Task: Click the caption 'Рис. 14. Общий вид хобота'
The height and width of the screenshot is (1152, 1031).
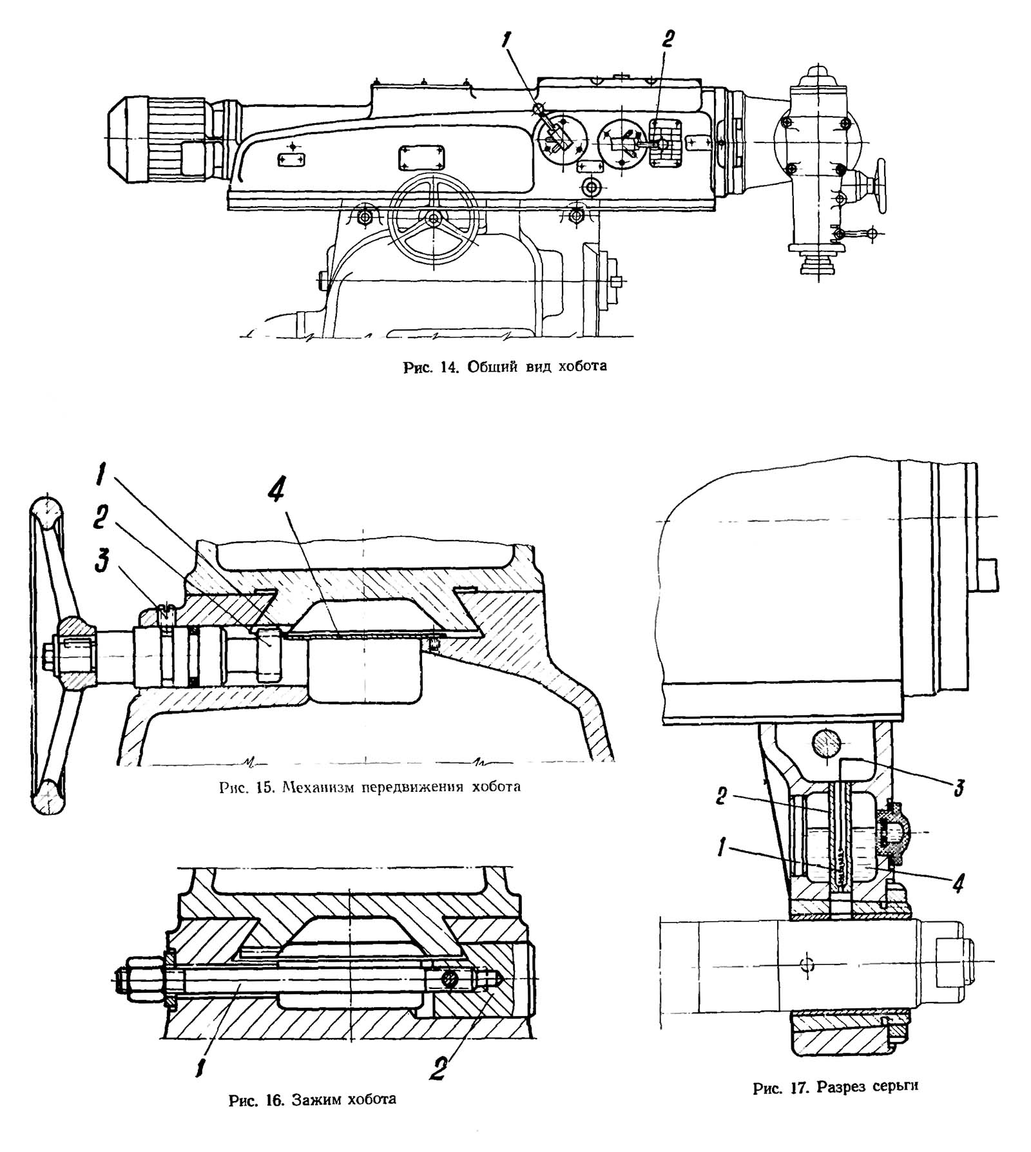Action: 505,367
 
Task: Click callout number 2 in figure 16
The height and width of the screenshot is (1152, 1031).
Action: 440,1069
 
